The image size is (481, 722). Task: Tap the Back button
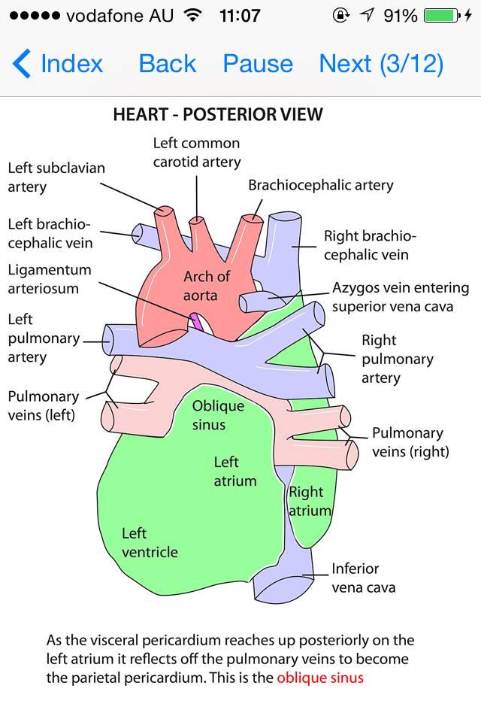pyautogui.click(x=168, y=64)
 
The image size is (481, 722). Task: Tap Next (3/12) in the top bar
pyautogui.click(x=381, y=64)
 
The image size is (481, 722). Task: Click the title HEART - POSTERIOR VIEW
pyautogui.click(x=218, y=115)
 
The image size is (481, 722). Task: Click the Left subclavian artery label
pyautogui.click(x=56, y=177)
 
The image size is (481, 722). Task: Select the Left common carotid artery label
pyautogui.click(x=197, y=152)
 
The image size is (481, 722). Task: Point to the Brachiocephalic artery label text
pyautogui.click(x=321, y=185)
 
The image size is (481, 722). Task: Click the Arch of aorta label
pyautogui.click(x=207, y=286)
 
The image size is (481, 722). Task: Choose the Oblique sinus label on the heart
pyautogui.click(x=218, y=415)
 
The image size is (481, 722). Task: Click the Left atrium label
pyautogui.click(x=235, y=472)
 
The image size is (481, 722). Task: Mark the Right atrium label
pyautogui.click(x=310, y=502)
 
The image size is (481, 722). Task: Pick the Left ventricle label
pyautogui.click(x=150, y=542)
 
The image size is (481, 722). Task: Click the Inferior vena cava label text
pyautogui.click(x=364, y=578)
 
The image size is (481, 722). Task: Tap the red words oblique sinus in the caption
pyautogui.click(x=320, y=678)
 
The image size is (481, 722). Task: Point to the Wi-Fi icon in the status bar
pyautogui.click(x=193, y=15)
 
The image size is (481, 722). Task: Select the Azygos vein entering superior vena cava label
pyautogui.click(x=401, y=297)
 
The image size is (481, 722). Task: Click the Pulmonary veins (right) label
pyautogui.click(x=410, y=442)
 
